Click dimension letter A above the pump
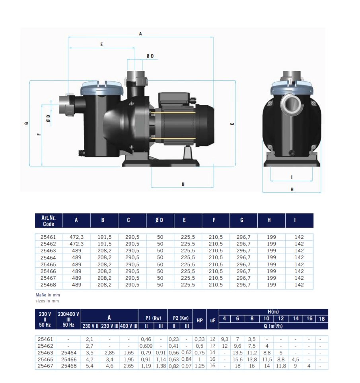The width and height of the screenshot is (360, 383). point(140,34)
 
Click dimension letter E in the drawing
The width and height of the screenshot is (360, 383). point(101,44)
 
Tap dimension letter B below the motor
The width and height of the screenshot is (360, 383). point(183,184)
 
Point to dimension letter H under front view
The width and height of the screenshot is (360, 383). point(292,189)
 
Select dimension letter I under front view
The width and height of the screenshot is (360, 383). point(292,177)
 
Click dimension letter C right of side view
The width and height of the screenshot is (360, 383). point(232,124)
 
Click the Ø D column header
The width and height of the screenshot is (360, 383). point(159,220)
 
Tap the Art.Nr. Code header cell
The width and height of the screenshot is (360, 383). point(49,221)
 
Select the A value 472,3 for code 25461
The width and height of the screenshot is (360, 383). point(76,237)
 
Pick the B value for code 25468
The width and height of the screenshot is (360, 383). point(105,285)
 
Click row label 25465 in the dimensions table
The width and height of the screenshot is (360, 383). point(48,265)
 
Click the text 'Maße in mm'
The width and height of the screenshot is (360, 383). point(48,295)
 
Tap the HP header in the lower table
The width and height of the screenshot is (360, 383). point(200,320)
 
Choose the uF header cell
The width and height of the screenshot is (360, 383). point(212,320)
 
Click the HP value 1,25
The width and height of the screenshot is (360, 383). point(200,366)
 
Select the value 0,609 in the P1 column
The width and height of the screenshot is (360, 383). point(146,346)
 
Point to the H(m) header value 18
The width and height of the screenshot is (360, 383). point(321,319)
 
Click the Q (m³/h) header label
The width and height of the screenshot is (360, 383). point(273,326)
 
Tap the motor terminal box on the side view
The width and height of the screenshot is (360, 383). point(174,99)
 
